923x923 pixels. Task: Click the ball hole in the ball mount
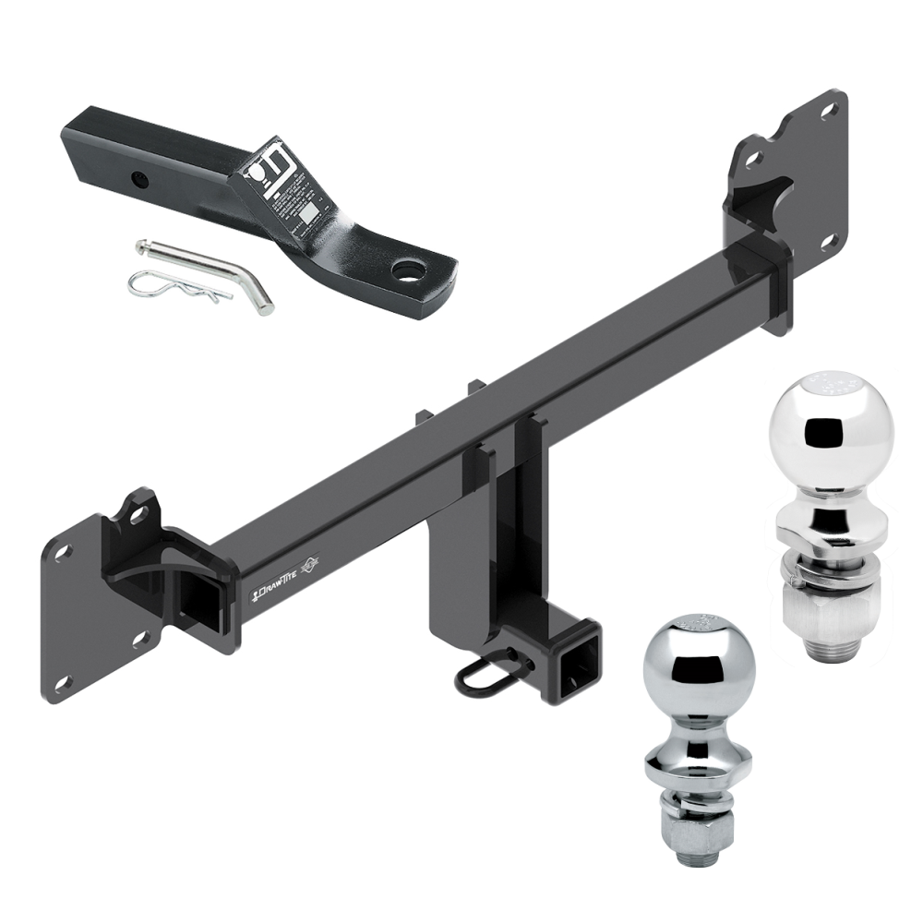(407, 270)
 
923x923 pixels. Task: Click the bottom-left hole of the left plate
(63, 684)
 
